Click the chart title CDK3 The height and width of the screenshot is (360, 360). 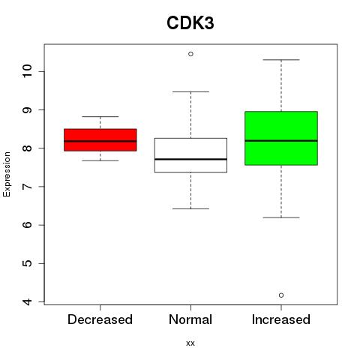[190, 23]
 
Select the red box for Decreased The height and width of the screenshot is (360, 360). [100, 140]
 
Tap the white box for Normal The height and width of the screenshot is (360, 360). [190, 155]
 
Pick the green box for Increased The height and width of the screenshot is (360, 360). [281, 138]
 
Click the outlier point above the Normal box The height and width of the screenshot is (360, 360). [190, 54]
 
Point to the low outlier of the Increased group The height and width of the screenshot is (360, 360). [281, 295]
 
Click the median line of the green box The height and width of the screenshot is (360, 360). [281, 141]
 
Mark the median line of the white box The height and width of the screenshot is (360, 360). [190, 159]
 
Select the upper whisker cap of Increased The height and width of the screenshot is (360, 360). [281, 60]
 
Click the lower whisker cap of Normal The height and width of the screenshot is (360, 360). [190, 208]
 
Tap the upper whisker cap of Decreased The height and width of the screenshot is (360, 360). [100, 116]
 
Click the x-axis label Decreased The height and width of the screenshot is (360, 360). [100, 319]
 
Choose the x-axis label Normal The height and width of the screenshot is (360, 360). [190, 319]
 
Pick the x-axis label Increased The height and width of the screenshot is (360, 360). [281, 319]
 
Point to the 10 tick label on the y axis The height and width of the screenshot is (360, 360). [27, 71]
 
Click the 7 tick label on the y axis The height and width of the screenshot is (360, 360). [27, 187]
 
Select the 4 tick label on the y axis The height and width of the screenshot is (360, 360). [27, 301]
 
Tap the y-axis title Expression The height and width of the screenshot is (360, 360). [7, 174]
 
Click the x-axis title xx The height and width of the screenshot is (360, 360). [190, 343]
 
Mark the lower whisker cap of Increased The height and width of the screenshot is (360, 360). [281, 217]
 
